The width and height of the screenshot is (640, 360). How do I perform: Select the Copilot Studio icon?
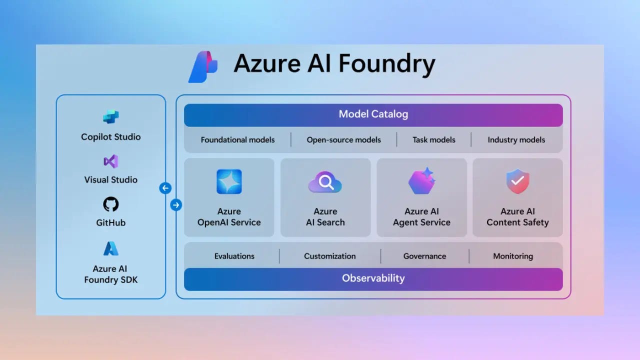tap(111, 117)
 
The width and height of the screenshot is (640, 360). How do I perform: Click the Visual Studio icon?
tap(111, 161)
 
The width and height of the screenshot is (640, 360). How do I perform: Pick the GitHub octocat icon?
tap(111, 204)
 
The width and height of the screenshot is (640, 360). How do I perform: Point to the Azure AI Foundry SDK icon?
tap(111, 248)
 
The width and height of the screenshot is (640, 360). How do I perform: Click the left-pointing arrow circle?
tap(165, 188)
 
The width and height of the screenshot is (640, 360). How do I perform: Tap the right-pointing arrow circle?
tap(176, 204)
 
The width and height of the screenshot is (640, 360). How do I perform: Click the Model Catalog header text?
tap(373, 114)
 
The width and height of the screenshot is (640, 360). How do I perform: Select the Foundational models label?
tap(237, 140)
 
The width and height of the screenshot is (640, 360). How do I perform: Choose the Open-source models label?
tap(344, 140)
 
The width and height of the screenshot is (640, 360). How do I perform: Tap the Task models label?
tap(434, 140)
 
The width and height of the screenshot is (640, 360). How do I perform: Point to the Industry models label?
tap(516, 140)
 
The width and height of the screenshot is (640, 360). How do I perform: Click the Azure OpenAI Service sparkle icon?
tap(229, 181)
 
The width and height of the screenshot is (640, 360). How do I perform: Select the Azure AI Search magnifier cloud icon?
tap(325, 182)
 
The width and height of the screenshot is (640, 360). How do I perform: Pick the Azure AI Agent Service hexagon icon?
tap(421, 181)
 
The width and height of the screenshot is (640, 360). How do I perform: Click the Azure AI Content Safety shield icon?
tap(517, 181)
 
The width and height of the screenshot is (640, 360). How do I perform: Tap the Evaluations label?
tap(234, 256)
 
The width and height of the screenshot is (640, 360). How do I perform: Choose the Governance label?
tap(425, 256)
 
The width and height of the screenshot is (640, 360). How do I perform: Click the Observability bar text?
tap(373, 278)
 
